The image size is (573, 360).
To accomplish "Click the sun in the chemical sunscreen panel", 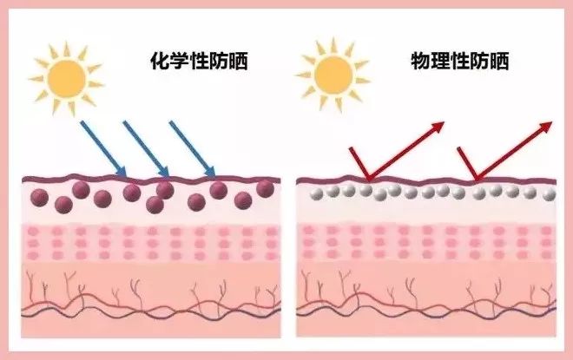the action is (x=65, y=76).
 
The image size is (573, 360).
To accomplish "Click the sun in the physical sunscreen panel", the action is (x=334, y=76).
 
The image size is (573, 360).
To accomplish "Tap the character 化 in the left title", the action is (x=159, y=62).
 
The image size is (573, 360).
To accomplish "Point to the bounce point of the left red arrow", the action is (x=367, y=180).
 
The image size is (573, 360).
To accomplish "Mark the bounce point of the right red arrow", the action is (x=475, y=180).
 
